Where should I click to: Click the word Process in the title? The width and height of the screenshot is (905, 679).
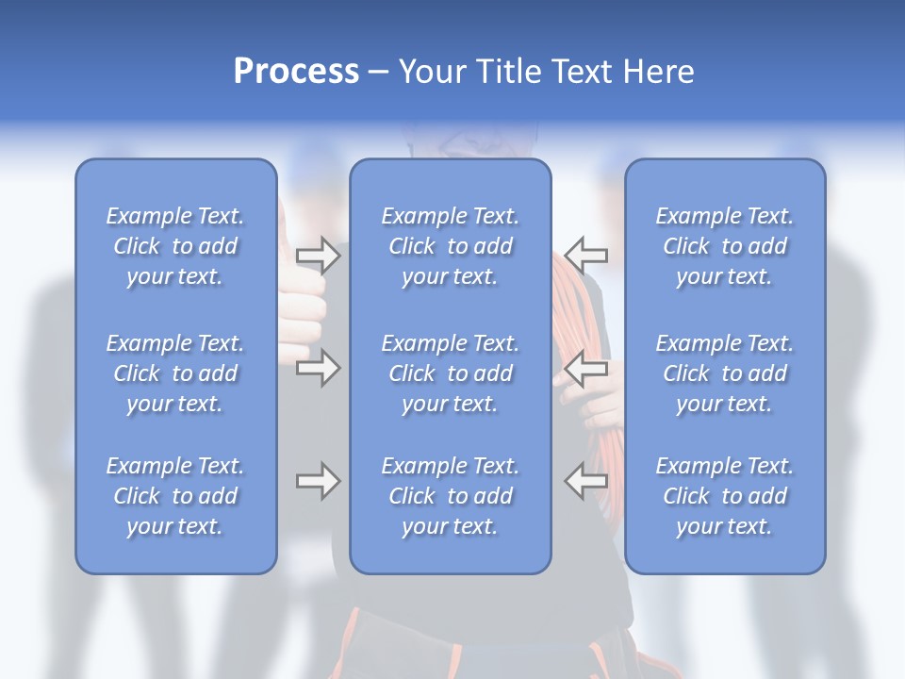[296, 72]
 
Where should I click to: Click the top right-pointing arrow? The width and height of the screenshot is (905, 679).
[318, 255]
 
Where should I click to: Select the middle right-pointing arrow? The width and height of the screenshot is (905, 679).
[318, 368]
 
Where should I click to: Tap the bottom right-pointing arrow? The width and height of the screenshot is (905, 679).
[318, 481]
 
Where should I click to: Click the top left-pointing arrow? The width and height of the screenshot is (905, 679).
[586, 255]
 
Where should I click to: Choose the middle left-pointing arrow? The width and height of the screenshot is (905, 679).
[586, 368]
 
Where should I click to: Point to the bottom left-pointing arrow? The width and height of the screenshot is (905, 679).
[586, 481]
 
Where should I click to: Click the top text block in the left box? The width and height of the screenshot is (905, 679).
[175, 246]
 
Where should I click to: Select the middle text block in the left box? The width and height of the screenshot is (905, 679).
[175, 373]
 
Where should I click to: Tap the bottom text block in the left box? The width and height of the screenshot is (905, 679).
[175, 496]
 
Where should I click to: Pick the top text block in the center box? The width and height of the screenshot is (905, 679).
[450, 246]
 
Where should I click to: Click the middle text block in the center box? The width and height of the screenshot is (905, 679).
[450, 373]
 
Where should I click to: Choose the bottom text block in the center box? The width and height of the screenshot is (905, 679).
[450, 496]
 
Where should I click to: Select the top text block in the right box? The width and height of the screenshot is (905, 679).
[724, 246]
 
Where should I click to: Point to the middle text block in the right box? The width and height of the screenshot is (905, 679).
[724, 373]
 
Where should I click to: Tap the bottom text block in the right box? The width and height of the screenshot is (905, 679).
[724, 496]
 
